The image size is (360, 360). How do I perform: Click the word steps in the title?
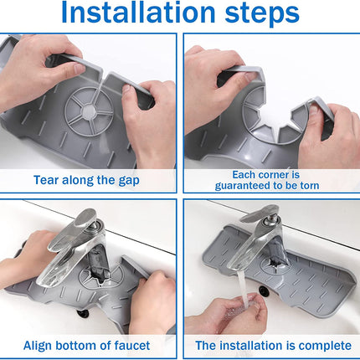pos(262,14)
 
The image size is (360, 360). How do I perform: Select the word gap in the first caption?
pos(129,181)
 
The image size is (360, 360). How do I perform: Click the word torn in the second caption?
pos(309,185)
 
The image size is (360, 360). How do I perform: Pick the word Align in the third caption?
pos(38,346)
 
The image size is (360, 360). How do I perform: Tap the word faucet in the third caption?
pos(132,346)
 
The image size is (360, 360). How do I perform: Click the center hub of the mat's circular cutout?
pos(90,111)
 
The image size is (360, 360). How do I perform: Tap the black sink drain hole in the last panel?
pos(264,291)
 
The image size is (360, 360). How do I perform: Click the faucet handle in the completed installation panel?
pos(259,213)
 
